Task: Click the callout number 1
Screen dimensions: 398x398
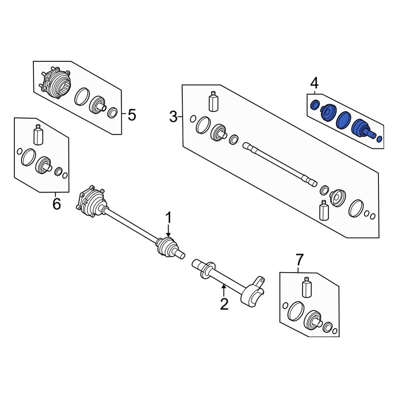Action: point(168,218)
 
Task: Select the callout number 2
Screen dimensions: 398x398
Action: point(224,304)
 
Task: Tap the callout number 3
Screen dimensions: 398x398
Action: point(174,117)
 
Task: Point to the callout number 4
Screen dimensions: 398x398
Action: point(314,83)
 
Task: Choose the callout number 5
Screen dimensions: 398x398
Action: point(132,115)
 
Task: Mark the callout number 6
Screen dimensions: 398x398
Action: point(57,203)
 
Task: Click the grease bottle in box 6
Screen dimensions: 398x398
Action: point(38,135)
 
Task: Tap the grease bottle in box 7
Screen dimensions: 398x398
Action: point(306,287)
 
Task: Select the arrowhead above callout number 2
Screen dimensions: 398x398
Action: point(224,287)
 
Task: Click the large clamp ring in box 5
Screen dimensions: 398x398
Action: point(82,96)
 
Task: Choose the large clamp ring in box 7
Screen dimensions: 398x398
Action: point(296,311)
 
